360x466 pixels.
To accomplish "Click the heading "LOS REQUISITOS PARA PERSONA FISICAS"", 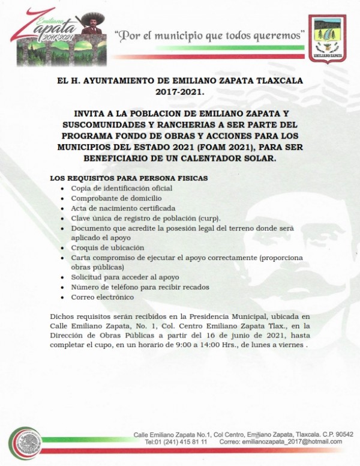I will click(x=129, y=179).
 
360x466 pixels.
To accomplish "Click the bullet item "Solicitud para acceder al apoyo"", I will click(x=125, y=277).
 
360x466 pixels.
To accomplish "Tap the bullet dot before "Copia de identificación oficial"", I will click(x=64, y=189).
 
